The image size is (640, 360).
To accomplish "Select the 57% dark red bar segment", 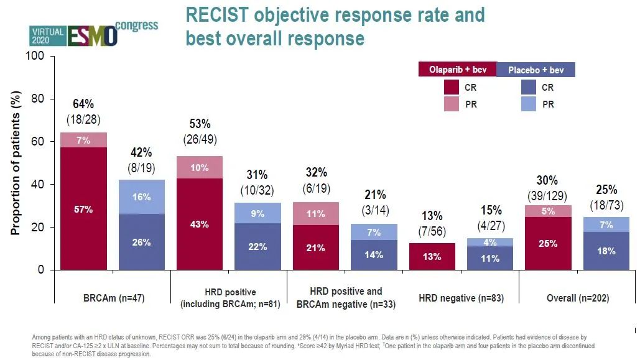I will (84, 208).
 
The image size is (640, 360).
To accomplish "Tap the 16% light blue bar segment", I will (142, 197).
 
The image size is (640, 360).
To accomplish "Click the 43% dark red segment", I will (200, 224).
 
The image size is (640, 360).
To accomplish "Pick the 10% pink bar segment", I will (200, 168).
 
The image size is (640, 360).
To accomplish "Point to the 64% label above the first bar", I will (83, 104).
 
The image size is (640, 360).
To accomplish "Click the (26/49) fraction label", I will (200, 139).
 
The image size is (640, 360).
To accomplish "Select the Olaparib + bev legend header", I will (458, 70).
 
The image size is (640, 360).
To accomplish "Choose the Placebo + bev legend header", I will (536, 70).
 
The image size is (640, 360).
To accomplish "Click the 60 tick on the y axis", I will (39, 142).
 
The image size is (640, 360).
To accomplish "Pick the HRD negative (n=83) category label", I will (460, 298).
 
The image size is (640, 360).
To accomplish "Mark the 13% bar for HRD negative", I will (432, 256).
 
